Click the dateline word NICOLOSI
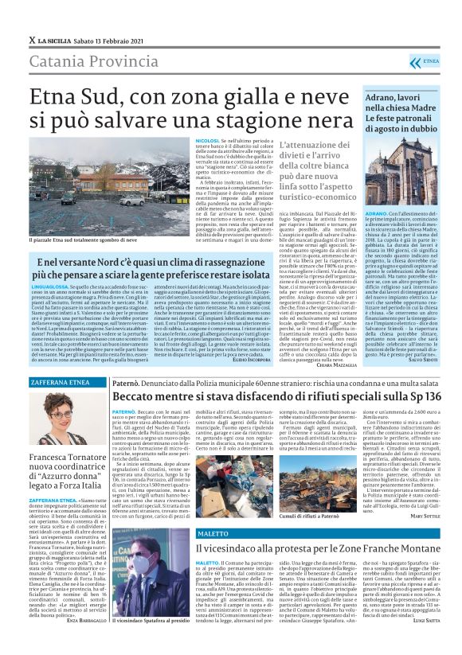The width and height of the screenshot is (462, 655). [207, 140]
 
